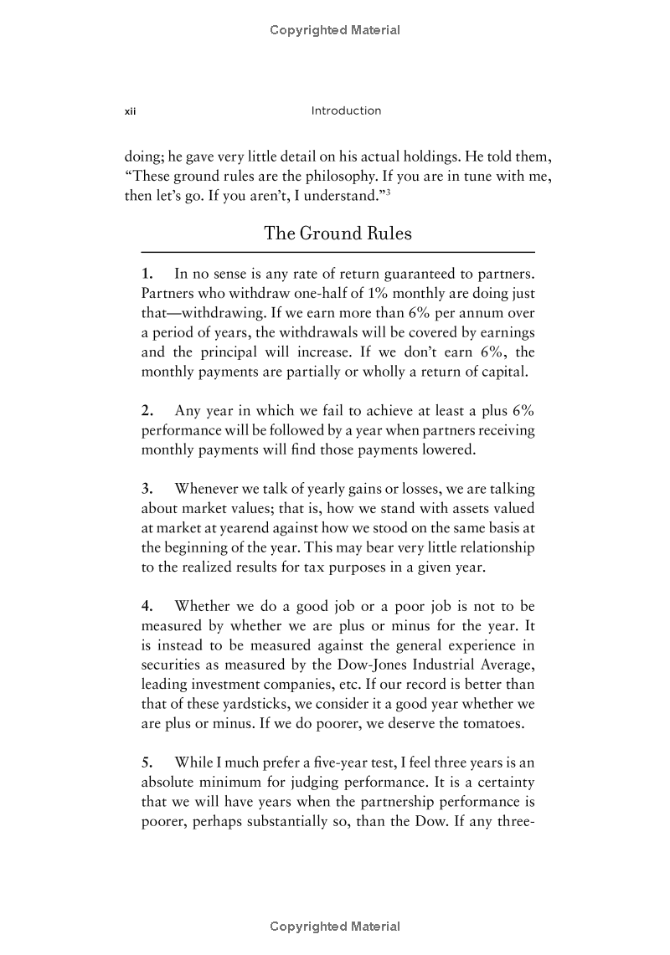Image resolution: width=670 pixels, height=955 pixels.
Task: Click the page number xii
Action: (130, 111)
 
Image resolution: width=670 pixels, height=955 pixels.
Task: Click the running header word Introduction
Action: (346, 110)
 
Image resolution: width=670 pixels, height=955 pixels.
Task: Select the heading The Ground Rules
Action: (338, 233)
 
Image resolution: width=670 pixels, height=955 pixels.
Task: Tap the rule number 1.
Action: (147, 274)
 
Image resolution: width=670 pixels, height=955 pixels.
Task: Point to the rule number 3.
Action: (147, 488)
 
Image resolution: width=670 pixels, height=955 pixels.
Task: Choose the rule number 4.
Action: (147, 605)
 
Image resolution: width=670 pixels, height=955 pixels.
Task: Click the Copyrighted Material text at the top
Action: (335, 30)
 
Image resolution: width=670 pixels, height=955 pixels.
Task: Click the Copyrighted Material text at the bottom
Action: (335, 926)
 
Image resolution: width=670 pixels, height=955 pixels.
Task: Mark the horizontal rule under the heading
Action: (338, 252)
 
